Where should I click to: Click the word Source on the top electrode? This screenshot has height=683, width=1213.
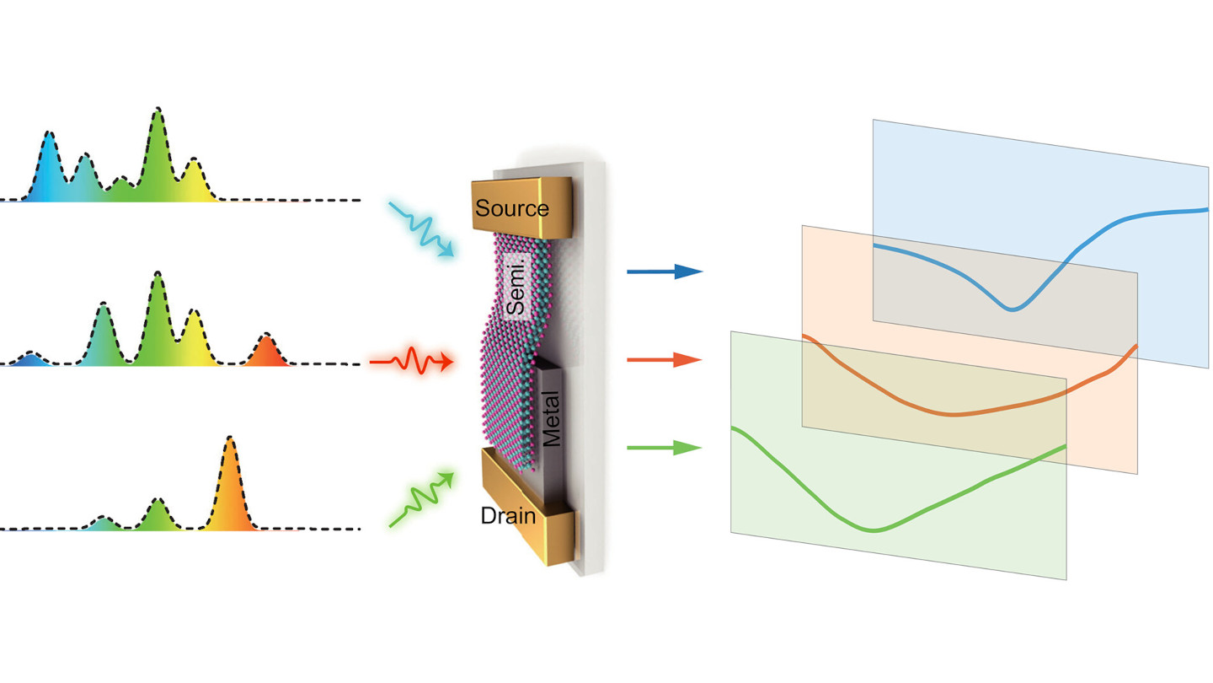(x=511, y=208)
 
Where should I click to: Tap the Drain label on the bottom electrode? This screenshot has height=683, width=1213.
(x=508, y=515)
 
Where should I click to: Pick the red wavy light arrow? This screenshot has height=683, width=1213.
(x=412, y=362)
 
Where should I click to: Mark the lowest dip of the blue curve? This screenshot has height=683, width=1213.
(x=1012, y=309)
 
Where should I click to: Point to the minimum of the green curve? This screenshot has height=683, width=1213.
(x=874, y=530)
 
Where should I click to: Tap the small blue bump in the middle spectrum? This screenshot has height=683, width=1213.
(x=30, y=356)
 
